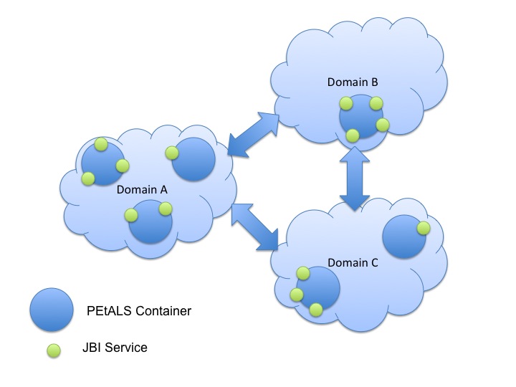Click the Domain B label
pos(352,82)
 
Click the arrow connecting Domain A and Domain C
pos(254,227)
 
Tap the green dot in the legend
pos(53,349)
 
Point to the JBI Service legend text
pos(115,348)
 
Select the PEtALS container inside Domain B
pos(363,117)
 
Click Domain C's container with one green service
pos(405,237)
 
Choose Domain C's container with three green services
pos(317,290)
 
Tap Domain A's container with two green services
pos(150,222)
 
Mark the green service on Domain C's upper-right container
pos(423,228)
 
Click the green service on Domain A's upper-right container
pos(171,153)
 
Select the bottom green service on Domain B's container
pos(353,135)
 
